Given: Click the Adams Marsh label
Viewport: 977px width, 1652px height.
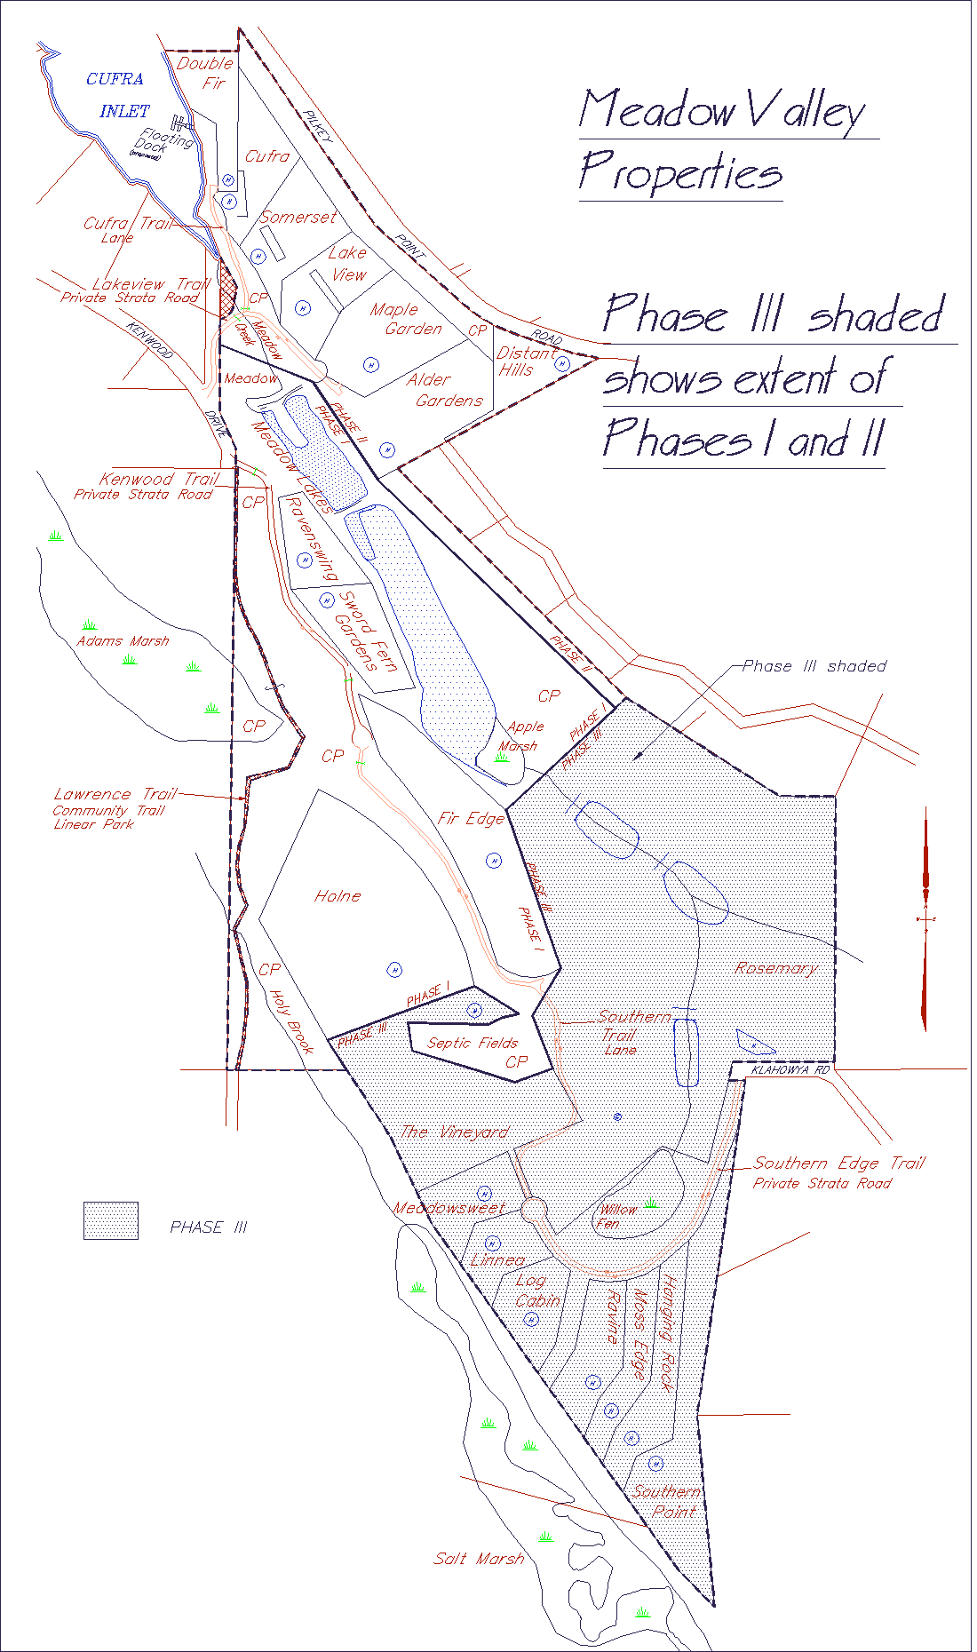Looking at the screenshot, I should [123, 641].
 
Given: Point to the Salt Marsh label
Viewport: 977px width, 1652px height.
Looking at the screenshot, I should [479, 1559].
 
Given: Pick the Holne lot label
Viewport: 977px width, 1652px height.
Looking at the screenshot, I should [338, 896].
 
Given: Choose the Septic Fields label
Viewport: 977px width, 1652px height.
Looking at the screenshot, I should [473, 1043].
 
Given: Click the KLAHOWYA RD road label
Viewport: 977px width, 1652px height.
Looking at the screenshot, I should [790, 1070].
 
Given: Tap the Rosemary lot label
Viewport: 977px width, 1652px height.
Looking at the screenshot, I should [776, 968].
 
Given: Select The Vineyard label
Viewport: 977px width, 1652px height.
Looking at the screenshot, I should [455, 1132].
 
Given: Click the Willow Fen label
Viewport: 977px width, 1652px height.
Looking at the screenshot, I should [616, 1216].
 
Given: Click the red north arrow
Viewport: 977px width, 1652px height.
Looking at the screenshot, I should [925, 919].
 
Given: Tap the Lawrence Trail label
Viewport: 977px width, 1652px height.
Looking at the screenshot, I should [115, 794].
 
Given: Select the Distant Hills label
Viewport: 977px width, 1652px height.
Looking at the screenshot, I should [523, 361].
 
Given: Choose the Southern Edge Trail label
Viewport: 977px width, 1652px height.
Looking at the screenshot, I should [839, 1164].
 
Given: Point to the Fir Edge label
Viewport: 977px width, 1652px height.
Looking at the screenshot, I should [471, 818].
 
